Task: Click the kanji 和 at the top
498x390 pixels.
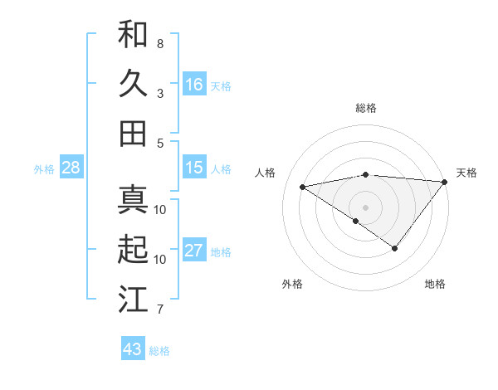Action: pos(133,34)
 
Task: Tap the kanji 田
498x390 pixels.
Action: pos(133,133)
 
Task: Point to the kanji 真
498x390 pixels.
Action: pos(133,199)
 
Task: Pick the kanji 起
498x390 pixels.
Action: pos(133,249)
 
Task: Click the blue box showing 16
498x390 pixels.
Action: pos(194,85)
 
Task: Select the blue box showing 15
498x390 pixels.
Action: pos(194,168)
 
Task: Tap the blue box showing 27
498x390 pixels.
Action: pos(194,251)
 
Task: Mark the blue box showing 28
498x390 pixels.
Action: pos(71,168)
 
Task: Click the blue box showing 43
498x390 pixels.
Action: pos(133,349)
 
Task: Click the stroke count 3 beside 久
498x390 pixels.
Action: pos(160,93)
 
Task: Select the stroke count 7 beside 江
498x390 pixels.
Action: pos(160,310)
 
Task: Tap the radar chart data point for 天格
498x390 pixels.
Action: pos(445,182)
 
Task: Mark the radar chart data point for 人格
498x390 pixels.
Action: pos(302,186)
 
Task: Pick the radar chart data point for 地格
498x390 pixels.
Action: pos(395,248)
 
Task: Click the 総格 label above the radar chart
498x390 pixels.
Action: pos(365,108)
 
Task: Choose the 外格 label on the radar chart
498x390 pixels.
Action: pos(292,284)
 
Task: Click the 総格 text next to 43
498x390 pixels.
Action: pos(159,351)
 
